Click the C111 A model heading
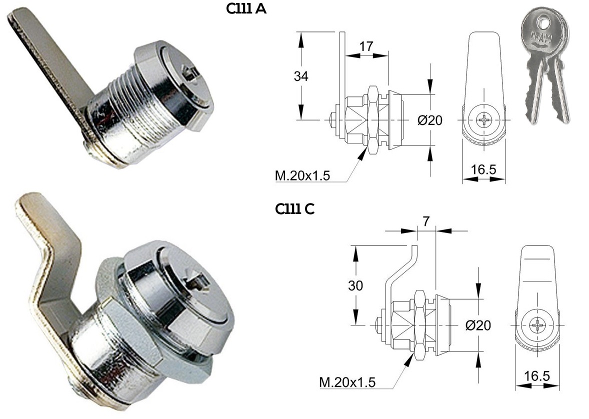(246, 8)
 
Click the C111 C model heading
(294, 208)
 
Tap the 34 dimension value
(301, 76)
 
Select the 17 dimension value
(366, 46)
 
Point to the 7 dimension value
(426, 221)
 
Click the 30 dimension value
(355, 285)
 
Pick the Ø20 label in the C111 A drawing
(429, 120)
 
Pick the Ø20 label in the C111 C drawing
(478, 325)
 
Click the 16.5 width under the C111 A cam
(483, 169)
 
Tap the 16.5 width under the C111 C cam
(537, 376)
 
